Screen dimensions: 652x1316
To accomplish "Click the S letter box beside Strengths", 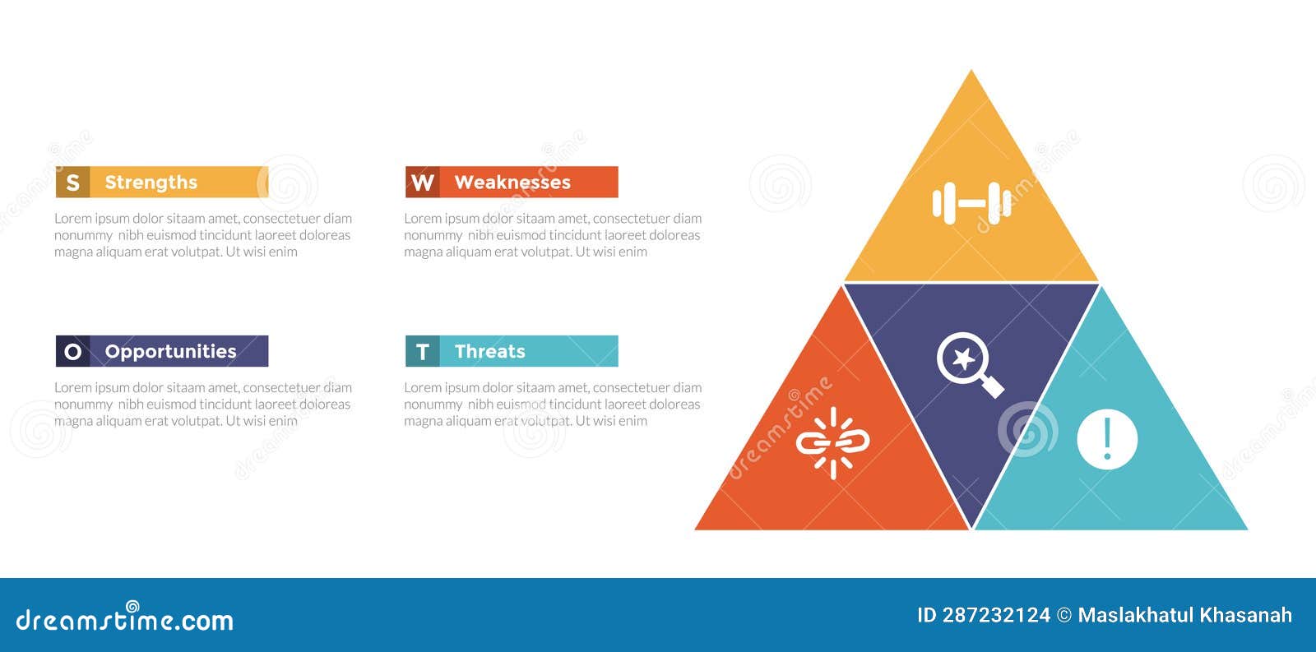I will (x=72, y=183).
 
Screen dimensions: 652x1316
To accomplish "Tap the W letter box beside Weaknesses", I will (x=422, y=183).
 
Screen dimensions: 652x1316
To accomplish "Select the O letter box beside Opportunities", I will (x=72, y=352).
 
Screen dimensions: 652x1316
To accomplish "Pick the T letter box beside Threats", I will (x=422, y=352).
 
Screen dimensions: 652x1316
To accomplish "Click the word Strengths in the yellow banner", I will (x=151, y=183).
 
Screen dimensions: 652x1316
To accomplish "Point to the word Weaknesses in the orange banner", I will (x=512, y=183).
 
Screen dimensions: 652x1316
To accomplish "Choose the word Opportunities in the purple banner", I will (x=171, y=352).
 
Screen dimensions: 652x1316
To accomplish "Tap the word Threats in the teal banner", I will (x=490, y=352).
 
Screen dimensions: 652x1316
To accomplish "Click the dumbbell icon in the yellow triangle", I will (x=971, y=202).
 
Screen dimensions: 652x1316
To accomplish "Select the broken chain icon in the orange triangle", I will (x=832, y=443).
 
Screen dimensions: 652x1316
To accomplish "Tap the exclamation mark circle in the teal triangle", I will (x=1107, y=439).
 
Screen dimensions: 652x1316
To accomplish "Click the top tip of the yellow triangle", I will (x=971, y=74).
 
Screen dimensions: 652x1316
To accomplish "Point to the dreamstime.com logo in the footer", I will (x=125, y=619).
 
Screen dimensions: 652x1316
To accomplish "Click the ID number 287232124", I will (x=996, y=615).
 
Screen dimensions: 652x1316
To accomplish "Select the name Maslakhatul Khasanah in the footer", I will (x=1184, y=615).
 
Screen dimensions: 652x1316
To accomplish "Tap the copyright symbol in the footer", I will (x=1064, y=615).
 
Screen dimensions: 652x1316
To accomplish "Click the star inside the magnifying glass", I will (x=963, y=358).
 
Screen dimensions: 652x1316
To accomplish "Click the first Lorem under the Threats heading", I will (x=422, y=387).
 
